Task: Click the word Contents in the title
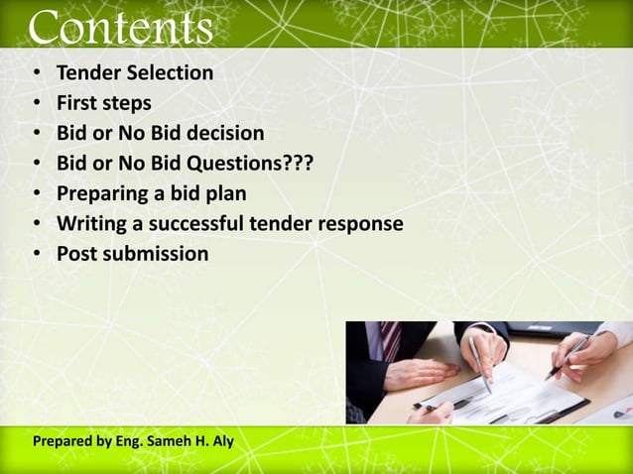click(x=120, y=27)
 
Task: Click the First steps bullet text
click(x=103, y=103)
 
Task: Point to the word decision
click(x=227, y=133)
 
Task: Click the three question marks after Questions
click(x=294, y=163)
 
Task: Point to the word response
click(x=361, y=223)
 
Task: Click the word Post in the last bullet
click(x=75, y=254)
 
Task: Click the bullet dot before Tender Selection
click(x=36, y=74)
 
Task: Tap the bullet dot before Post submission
click(x=36, y=255)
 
